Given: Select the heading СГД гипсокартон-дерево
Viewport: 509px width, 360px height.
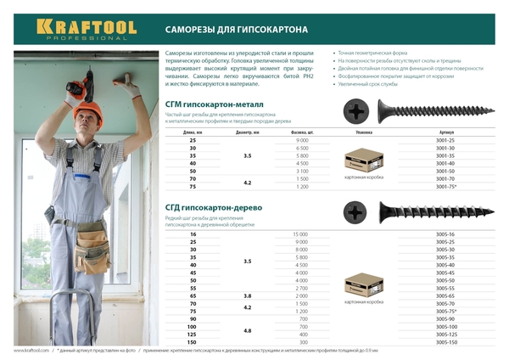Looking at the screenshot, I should point(216,206).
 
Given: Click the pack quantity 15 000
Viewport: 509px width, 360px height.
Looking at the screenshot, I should point(299,233).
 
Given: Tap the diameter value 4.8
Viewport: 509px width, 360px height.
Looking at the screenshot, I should point(247,329).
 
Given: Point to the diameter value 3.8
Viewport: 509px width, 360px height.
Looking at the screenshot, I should point(247,295).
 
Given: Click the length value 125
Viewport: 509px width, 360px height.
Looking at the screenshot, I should point(193,334).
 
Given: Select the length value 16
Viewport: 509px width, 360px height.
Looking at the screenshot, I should point(193,233).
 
